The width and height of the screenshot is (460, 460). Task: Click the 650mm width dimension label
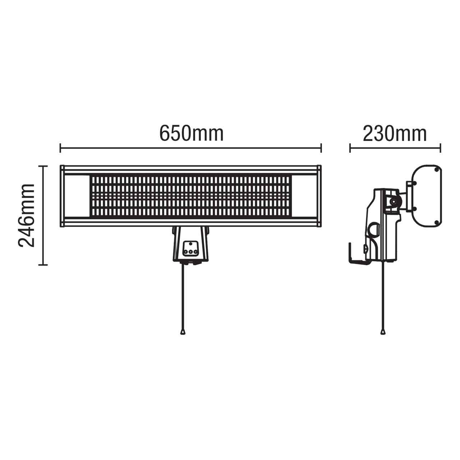click(x=191, y=134)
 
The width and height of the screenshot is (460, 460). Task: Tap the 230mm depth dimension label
click(x=395, y=134)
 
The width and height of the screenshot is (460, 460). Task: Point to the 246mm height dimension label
click(x=27, y=215)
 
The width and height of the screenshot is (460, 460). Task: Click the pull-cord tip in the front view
click(x=183, y=332)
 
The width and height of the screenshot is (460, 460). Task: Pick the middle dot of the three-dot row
click(x=190, y=252)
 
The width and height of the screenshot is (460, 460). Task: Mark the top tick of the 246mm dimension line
click(x=43, y=166)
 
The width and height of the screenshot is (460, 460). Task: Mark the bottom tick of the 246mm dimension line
click(x=43, y=265)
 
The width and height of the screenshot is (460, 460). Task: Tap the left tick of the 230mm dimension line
click(x=350, y=148)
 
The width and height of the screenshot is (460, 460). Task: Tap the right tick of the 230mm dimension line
click(x=440, y=148)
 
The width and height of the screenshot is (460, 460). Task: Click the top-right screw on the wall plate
click(x=436, y=169)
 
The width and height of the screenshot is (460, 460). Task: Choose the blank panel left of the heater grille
click(x=77, y=196)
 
